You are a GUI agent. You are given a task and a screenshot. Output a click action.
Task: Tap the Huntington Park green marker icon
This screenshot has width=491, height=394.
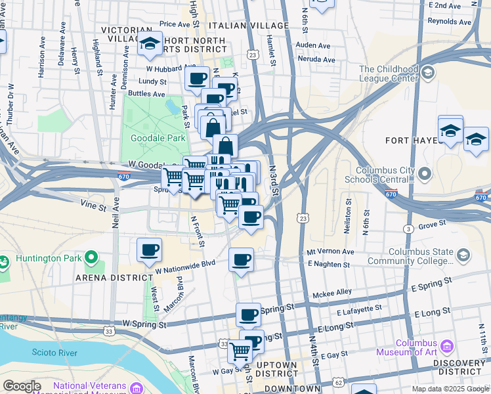91,257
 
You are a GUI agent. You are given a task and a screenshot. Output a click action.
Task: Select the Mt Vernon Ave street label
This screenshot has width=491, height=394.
331,252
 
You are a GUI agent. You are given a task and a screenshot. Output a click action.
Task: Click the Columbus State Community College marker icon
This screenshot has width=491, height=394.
463,255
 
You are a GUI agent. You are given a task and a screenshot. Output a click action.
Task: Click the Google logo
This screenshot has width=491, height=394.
22,386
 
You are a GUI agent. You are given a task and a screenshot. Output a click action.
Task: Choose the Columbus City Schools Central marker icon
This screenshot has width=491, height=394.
425,174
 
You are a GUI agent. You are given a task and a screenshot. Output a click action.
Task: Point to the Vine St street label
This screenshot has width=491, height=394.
93,206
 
